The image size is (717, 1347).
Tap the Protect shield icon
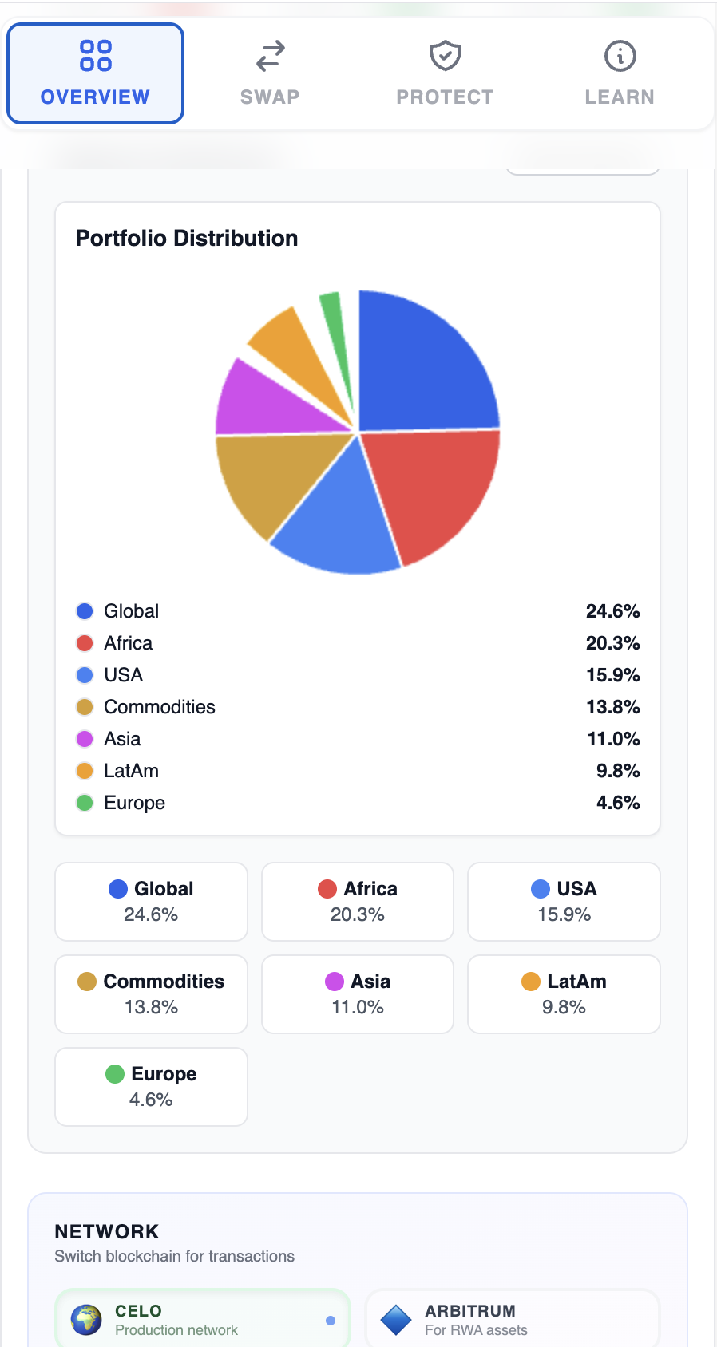[445, 56]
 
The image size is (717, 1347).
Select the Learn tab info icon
[620, 56]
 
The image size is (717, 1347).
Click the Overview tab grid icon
[96, 56]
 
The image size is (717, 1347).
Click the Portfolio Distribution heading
[186, 238]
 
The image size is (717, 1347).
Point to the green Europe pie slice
[335, 328]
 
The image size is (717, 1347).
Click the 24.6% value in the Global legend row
[612, 611]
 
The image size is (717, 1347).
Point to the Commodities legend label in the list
[159, 707]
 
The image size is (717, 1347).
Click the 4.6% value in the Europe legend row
[618, 803]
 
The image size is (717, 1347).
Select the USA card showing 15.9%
[564, 902]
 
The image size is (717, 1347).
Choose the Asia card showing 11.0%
[358, 994]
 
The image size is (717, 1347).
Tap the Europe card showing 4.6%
[151, 1087]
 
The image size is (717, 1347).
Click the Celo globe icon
[86, 1320]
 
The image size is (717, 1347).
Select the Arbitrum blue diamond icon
[396, 1320]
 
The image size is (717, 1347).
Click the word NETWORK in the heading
[107, 1231]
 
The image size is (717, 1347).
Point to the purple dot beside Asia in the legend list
[85, 739]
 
